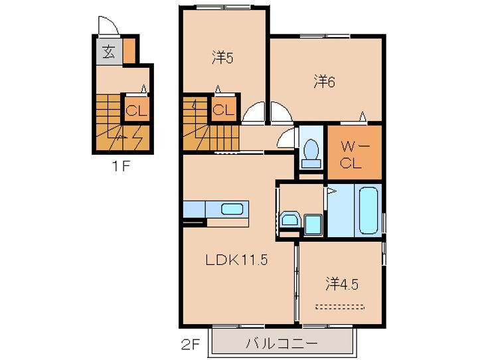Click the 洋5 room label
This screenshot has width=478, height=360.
pyautogui.click(x=222, y=58)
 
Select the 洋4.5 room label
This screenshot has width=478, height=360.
pyautogui.click(x=342, y=284)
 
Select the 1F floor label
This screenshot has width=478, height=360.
pyautogui.click(x=121, y=166)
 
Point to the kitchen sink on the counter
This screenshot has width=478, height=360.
pyautogui.click(x=232, y=209)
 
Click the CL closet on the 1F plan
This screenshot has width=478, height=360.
pyautogui.click(x=136, y=111)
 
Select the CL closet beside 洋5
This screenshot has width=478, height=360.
pyautogui.click(x=224, y=110)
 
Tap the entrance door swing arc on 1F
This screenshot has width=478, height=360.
pyautogui.click(x=108, y=27)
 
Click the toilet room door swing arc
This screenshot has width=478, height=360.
pyautogui.click(x=287, y=139)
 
